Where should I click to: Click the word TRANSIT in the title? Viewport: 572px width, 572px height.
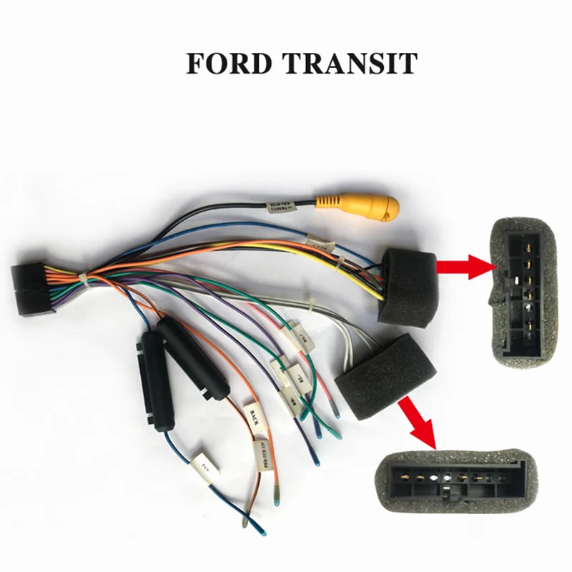(x=350, y=63)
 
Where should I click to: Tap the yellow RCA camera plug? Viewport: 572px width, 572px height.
(x=357, y=207)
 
